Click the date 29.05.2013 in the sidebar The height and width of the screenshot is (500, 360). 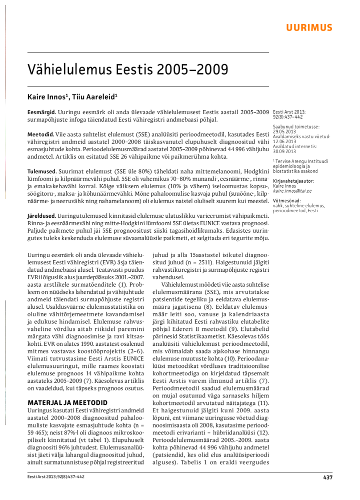point(284,132)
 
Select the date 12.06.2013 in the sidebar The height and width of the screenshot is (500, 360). point(284,141)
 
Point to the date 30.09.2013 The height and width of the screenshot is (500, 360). point(284,151)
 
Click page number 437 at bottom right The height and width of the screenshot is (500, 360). point(327,477)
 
